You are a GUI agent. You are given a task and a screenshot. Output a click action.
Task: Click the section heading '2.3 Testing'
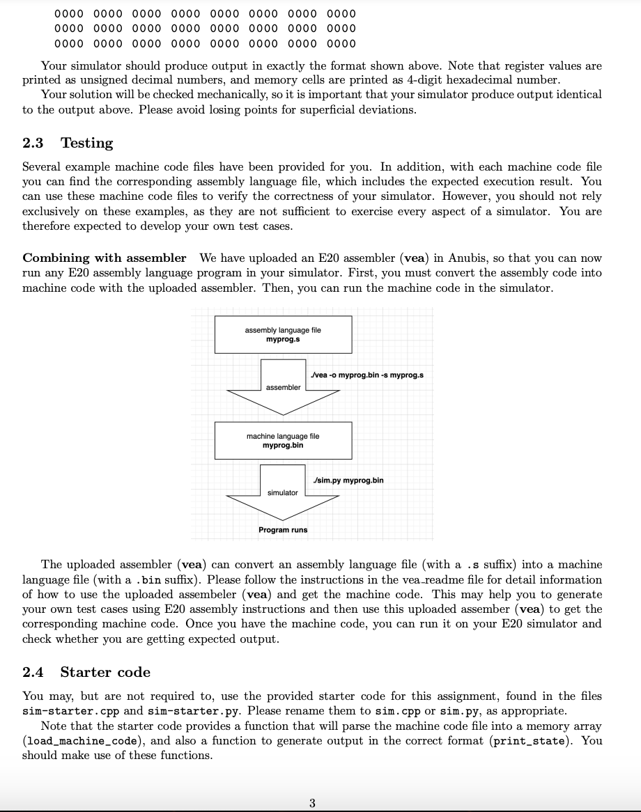point(68,143)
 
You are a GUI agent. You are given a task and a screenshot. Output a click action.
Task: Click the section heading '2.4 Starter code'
point(86,672)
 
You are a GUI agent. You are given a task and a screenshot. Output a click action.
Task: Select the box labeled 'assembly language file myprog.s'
point(283,334)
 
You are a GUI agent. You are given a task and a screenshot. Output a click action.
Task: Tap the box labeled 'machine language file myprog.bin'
point(283,440)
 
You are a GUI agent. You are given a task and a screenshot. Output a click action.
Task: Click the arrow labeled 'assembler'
point(283,387)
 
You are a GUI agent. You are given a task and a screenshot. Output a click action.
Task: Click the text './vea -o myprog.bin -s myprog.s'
point(368,375)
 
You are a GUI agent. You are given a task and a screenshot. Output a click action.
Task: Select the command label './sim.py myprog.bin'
point(348,481)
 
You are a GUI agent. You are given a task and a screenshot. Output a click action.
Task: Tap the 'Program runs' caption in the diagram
point(283,530)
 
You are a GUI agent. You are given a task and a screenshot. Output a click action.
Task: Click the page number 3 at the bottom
point(311,803)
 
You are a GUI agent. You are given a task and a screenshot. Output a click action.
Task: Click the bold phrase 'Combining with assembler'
point(105,258)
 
